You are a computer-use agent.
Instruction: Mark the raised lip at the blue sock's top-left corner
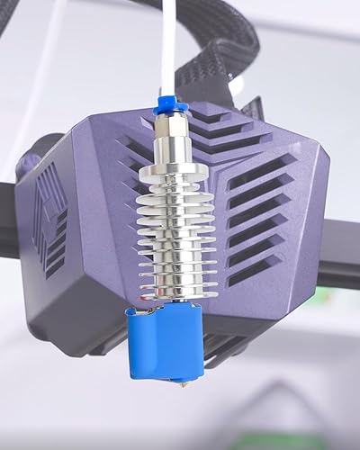132,312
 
